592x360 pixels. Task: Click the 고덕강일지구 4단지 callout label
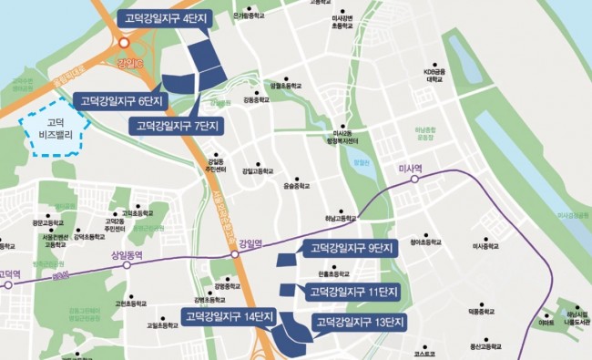pos(165,18)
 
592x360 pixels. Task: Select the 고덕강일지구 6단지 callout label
pos(120,100)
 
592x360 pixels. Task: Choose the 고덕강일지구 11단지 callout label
pos(352,292)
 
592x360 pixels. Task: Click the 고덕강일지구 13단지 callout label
pos(359,323)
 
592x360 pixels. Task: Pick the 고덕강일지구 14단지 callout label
pos(228,316)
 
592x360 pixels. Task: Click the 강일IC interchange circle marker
pos(124,42)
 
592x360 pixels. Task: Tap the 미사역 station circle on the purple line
pos(415,180)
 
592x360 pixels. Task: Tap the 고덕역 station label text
pos(9,273)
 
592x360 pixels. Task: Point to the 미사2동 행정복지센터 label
pos(342,139)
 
